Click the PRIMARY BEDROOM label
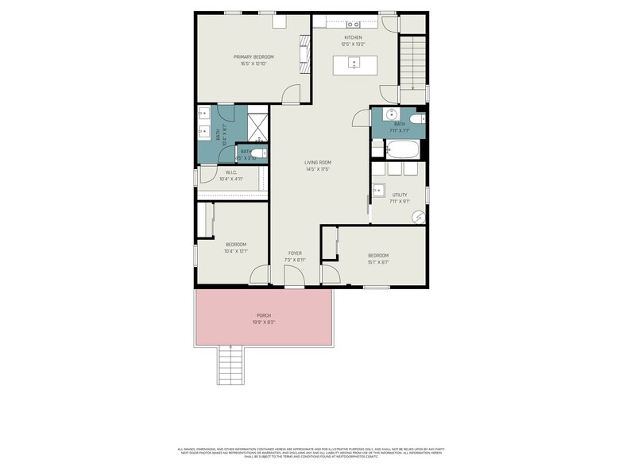253,56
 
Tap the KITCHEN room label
353,37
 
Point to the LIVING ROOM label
317,162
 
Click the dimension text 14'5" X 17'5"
317,169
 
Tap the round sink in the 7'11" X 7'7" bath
392,115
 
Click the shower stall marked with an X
259,126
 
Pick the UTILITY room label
399,195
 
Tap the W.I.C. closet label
231,172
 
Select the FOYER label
295,253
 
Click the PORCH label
263,315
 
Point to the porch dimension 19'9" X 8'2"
263,322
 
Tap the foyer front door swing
294,277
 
